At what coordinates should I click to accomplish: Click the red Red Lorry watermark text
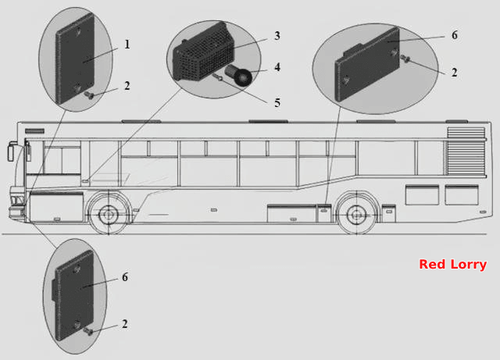click(453, 265)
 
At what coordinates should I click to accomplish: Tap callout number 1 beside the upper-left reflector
click(127, 45)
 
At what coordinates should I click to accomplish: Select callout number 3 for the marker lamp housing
click(277, 36)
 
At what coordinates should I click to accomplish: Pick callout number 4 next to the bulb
click(277, 67)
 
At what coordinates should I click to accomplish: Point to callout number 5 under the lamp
click(277, 102)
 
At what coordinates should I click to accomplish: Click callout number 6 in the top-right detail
click(455, 35)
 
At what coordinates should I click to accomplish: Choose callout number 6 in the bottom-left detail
click(125, 277)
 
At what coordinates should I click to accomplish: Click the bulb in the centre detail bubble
click(239, 75)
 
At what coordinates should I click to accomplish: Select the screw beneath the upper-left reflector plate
click(88, 94)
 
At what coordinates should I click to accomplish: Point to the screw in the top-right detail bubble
click(405, 59)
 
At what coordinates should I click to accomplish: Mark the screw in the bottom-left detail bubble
click(88, 332)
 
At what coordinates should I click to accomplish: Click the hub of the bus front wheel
click(109, 215)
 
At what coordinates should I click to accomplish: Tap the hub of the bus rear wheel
click(356, 215)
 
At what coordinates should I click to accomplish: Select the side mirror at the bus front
click(10, 151)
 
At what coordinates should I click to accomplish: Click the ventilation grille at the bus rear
click(466, 151)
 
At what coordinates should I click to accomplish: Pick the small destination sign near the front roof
click(34, 130)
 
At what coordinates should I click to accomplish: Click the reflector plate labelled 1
click(75, 59)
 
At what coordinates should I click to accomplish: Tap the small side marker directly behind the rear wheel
click(389, 211)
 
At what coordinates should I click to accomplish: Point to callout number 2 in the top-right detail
click(455, 73)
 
